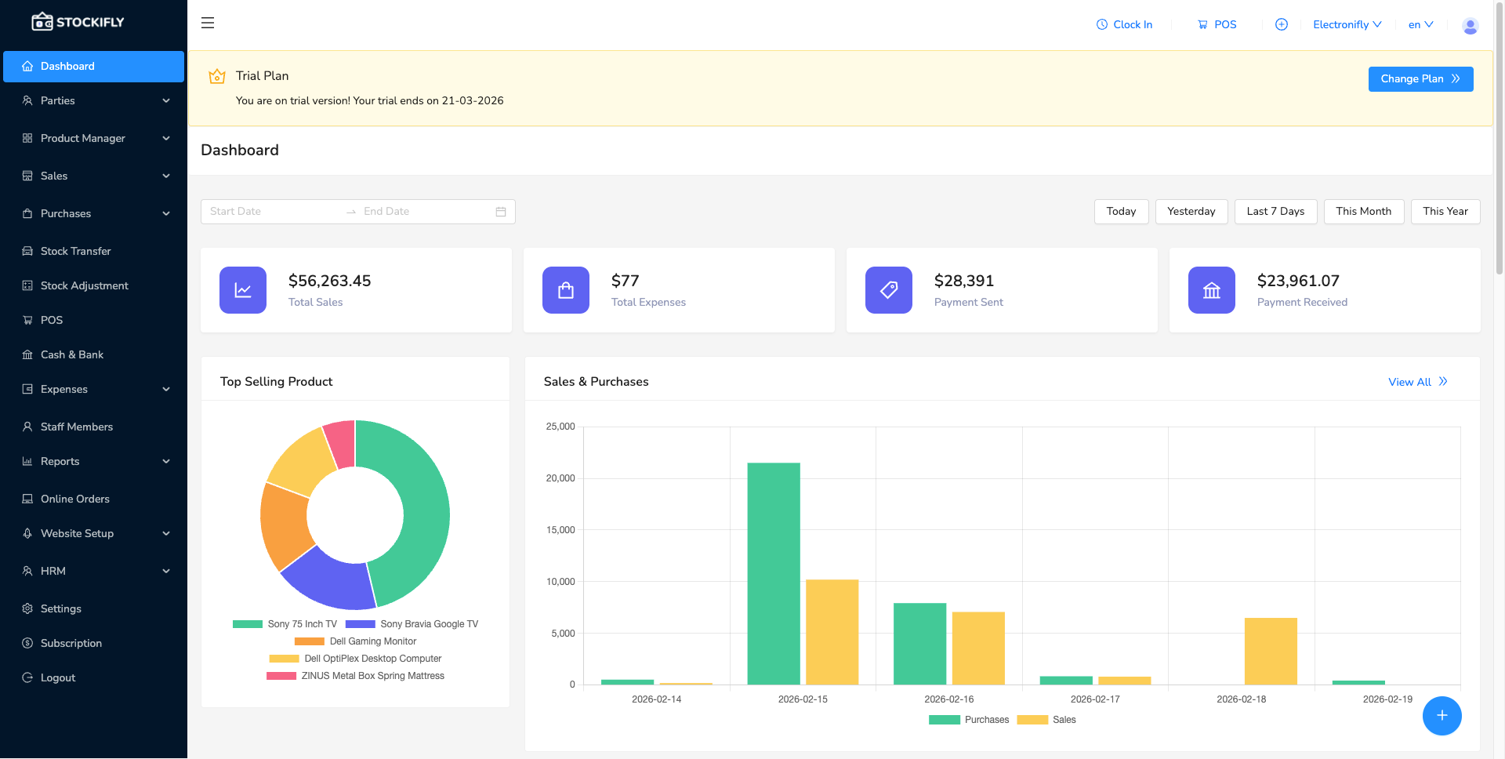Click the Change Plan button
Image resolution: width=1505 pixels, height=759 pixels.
point(1420,79)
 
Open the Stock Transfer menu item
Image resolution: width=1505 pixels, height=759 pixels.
point(75,251)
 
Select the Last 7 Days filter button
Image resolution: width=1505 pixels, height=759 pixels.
point(1275,212)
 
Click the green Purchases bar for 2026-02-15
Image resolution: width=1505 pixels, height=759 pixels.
point(773,572)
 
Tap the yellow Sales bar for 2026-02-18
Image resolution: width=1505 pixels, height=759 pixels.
point(1270,651)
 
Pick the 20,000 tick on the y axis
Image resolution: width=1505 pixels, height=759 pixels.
point(560,478)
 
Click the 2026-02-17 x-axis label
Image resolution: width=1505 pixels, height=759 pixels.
point(1094,699)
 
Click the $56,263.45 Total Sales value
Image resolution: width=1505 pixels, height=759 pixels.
point(329,281)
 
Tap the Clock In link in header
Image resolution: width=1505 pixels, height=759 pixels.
point(1124,25)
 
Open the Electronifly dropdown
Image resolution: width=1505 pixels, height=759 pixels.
point(1347,25)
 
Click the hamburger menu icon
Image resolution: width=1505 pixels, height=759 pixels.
point(208,24)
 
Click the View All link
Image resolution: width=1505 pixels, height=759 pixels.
point(1416,382)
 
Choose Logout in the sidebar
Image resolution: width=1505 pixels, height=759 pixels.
point(58,677)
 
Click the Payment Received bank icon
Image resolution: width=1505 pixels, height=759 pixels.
point(1211,290)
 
